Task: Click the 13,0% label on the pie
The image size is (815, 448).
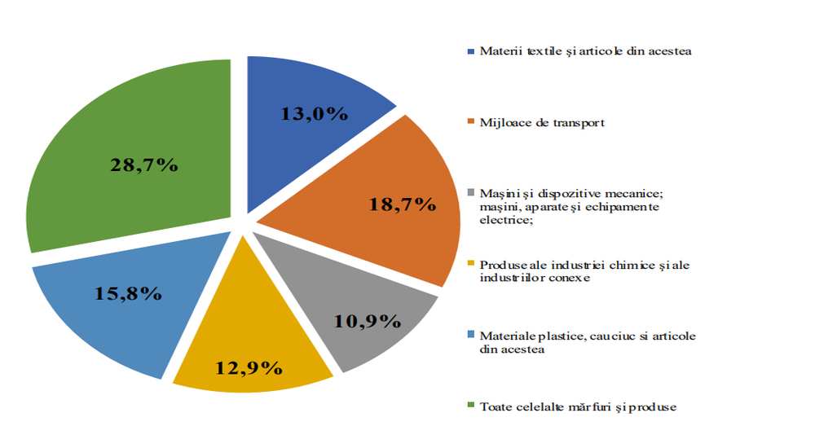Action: coord(314,114)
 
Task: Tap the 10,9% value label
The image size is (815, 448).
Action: coord(367,320)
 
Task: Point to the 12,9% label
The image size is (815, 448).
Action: coord(249,367)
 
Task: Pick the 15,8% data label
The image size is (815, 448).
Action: coord(128,293)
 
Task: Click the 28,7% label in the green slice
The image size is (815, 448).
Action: coord(143,165)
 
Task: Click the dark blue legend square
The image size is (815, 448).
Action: coord(471,52)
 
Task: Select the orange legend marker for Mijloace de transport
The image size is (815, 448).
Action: coord(471,124)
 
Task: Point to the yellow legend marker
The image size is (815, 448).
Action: coord(471,266)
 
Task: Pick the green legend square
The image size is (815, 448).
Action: coord(471,406)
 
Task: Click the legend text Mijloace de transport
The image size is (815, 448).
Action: coord(542,124)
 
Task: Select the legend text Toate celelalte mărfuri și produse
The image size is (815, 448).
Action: coord(578,406)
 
